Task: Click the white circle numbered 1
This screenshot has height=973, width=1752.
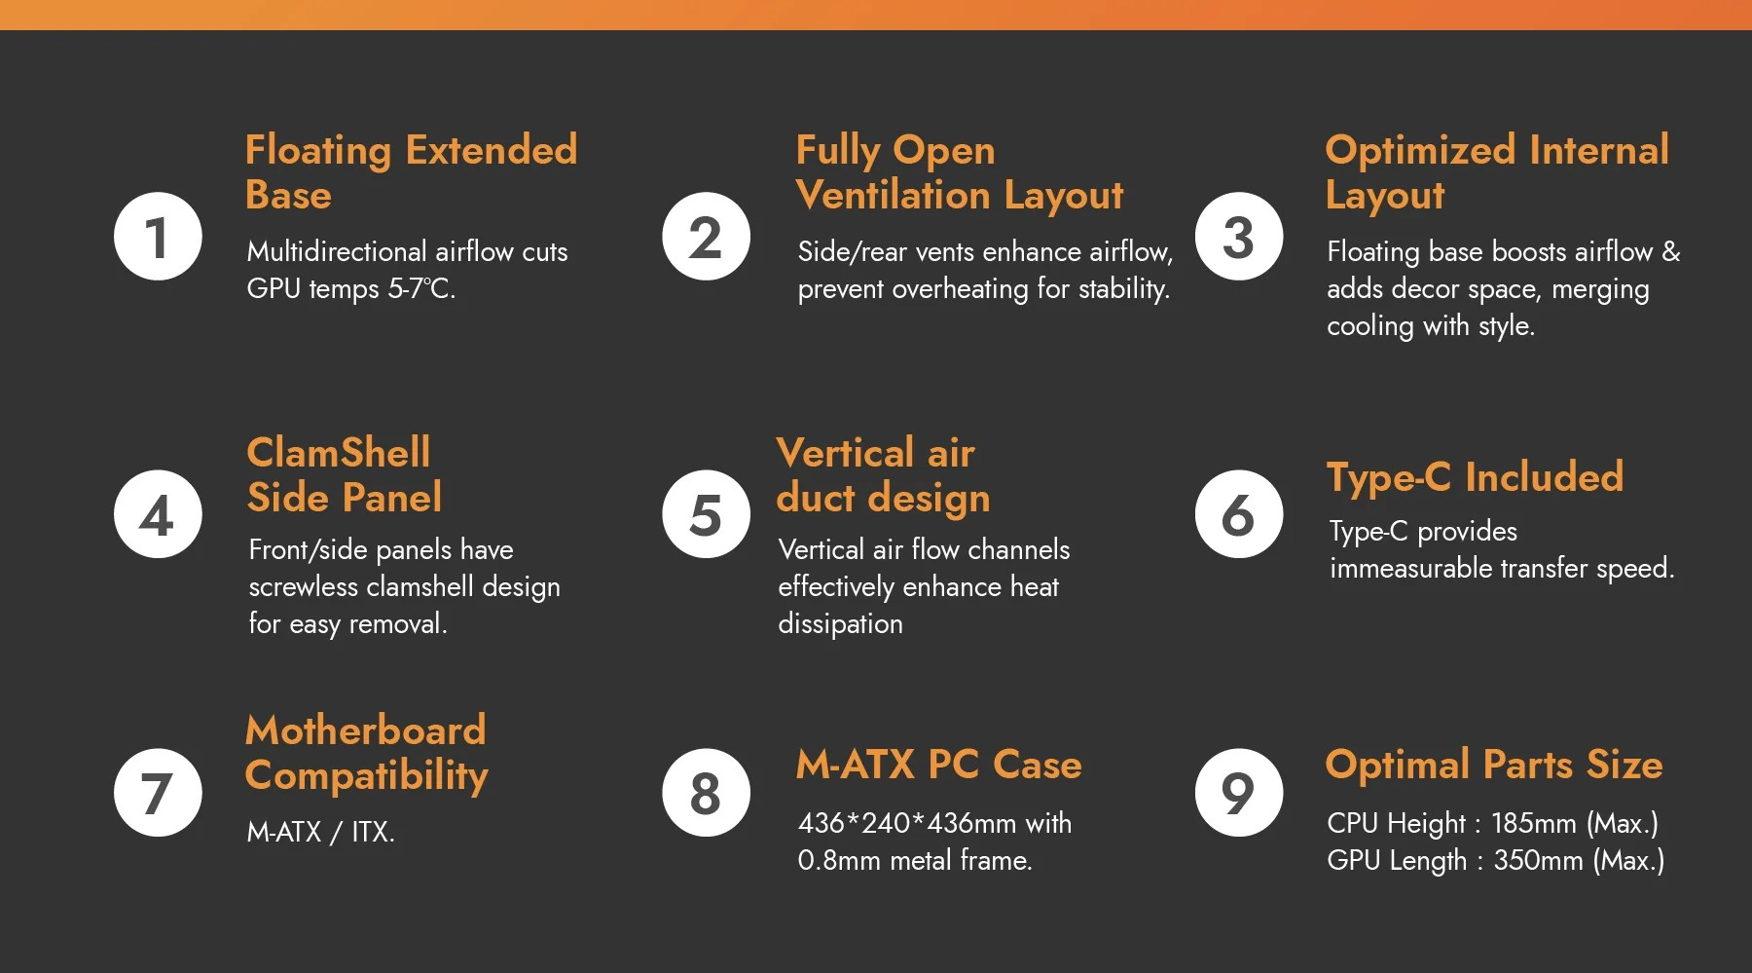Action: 158,237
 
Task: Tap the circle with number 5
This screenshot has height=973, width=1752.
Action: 706,514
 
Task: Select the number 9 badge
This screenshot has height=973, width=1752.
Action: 1239,793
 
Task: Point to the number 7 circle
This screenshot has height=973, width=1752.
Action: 158,793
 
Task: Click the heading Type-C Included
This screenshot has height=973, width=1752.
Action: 1475,478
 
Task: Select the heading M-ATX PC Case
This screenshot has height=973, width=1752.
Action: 939,765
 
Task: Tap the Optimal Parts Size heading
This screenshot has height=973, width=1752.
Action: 1494,766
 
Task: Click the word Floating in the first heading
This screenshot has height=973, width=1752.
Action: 318,151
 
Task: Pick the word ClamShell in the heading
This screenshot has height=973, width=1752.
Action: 339,453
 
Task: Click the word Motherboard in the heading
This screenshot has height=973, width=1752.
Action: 366,730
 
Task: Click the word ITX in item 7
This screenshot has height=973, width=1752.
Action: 373,833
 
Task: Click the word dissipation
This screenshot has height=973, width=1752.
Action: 841,624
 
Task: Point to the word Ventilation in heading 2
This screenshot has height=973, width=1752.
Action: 894,196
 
